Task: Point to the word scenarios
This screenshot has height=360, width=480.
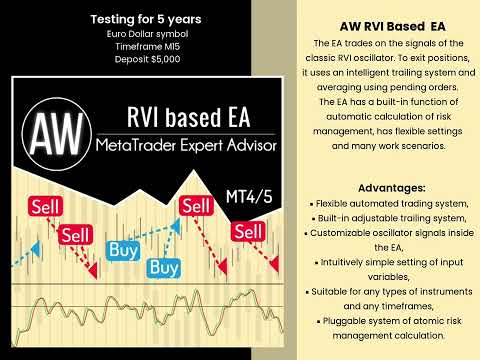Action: point(417,146)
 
